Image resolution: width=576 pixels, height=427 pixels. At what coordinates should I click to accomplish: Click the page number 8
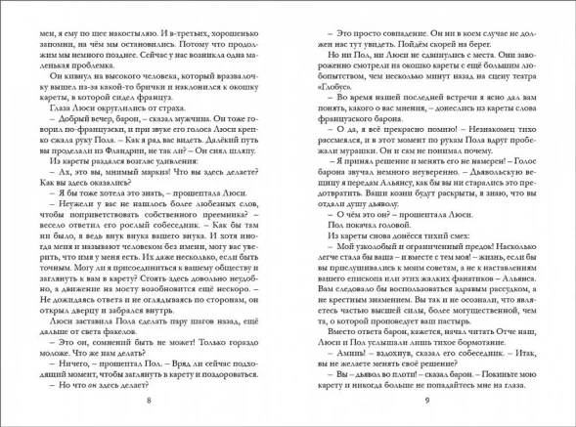[147, 402]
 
